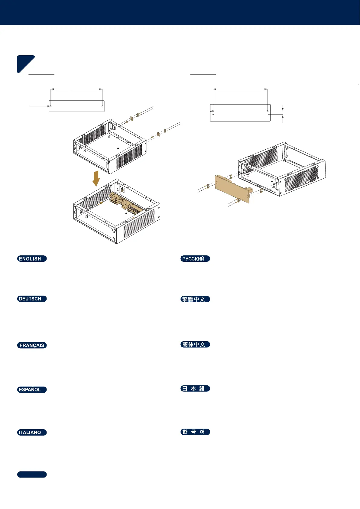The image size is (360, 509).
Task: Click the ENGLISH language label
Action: click(x=32, y=259)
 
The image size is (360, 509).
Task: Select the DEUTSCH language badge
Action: click(x=32, y=299)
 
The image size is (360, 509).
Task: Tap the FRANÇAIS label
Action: click(x=32, y=345)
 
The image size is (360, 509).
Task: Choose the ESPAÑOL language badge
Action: click(x=32, y=390)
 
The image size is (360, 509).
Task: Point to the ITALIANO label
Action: click(x=32, y=432)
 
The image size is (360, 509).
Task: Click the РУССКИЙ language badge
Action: click(x=195, y=259)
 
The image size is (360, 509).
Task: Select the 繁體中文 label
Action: click(x=195, y=299)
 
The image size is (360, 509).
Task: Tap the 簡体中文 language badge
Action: click(x=195, y=345)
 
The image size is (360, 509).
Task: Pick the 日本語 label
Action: click(x=195, y=389)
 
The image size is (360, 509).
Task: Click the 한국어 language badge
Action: click(x=195, y=432)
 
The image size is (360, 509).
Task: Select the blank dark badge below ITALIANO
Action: click(x=32, y=475)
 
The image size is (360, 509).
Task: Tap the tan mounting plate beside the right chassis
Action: click(x=232, y=188)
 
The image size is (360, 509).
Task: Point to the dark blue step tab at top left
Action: click(x=25, y=63)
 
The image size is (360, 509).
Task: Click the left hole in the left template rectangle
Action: click(x=51, y=106)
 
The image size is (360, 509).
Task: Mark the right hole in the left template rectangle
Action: click(x=102, y=106)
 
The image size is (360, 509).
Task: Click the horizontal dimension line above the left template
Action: click(x=76, y=89)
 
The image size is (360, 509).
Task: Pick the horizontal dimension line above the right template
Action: click(x=240, y=89)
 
